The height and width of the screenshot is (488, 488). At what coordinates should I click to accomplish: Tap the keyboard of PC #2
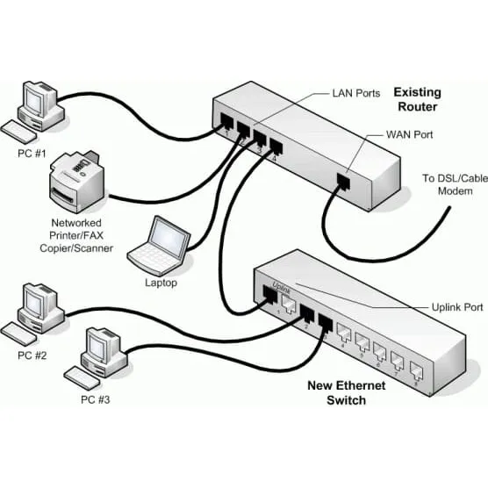point(23,332)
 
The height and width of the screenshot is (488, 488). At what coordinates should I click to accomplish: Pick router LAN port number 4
point(276,147)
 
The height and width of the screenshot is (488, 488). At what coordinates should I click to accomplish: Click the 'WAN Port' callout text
point(409,135)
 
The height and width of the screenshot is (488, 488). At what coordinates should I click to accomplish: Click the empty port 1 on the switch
point(285,304)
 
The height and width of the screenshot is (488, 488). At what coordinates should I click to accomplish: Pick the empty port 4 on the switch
point(344,331)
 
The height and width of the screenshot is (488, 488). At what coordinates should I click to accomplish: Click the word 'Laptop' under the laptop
point(161,283)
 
